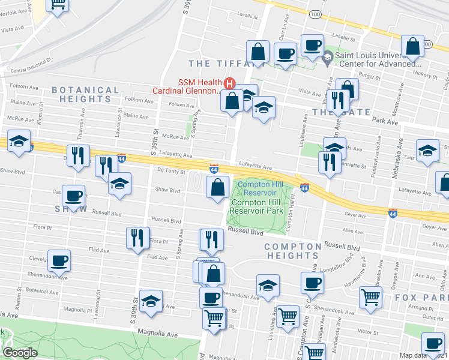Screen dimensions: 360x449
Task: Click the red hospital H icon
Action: click(x=228, y=83)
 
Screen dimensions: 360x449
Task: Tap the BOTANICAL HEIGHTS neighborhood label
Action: click(x=85, y=94)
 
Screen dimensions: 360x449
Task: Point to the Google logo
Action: click(x=19, y=352)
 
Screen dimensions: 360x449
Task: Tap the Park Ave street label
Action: click(x=385, y=121)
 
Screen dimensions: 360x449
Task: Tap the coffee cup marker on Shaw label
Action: click(x=73, y=196)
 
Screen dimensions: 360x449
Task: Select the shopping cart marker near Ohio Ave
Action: click(x=370, y=296)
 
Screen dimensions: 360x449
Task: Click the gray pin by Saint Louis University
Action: click(x=327, y=59)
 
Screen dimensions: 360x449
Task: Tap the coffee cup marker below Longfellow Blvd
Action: click(x=312, y=283)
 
